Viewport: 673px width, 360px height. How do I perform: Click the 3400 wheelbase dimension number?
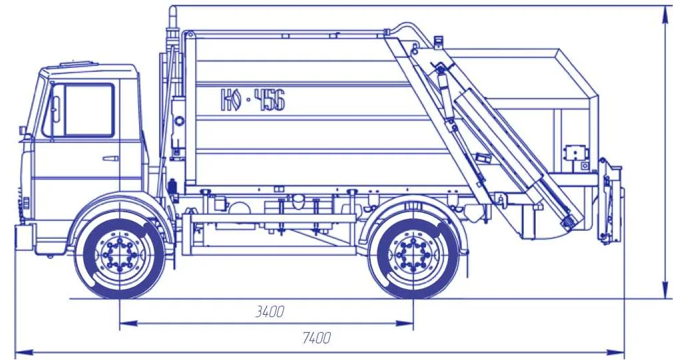(x=270, y=311)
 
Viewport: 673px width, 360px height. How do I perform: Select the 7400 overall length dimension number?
(x=316, y=337)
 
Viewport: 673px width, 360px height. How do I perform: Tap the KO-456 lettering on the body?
(x=253, y=100)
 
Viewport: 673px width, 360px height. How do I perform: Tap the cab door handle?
(x=111, y=158)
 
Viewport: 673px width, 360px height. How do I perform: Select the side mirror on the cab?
(x=55, y=109)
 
